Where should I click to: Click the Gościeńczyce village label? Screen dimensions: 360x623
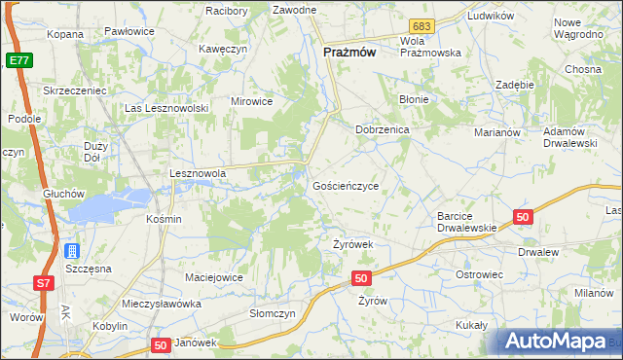pyautogui.click(x=346, y=185)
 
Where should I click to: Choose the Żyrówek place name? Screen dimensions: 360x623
pyautogui.click(x=353, y=244)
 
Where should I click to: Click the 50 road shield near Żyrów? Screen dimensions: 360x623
pyautogui.click(x=361, y=279)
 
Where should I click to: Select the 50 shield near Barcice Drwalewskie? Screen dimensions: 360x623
pyautogui.click(x=524, y=217)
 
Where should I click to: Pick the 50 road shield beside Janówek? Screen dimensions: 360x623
pyautogui.click(x=162, y=345)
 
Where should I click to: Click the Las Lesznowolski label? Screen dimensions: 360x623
pyautogui.click(x=166, y=108)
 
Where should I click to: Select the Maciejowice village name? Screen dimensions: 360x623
pyautogui.click(x=213, y=278)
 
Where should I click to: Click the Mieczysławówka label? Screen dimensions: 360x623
pyautogui.click(x=162, y=304)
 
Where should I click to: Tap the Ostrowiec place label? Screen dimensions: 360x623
pyautogui.click(x=479, y=275)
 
